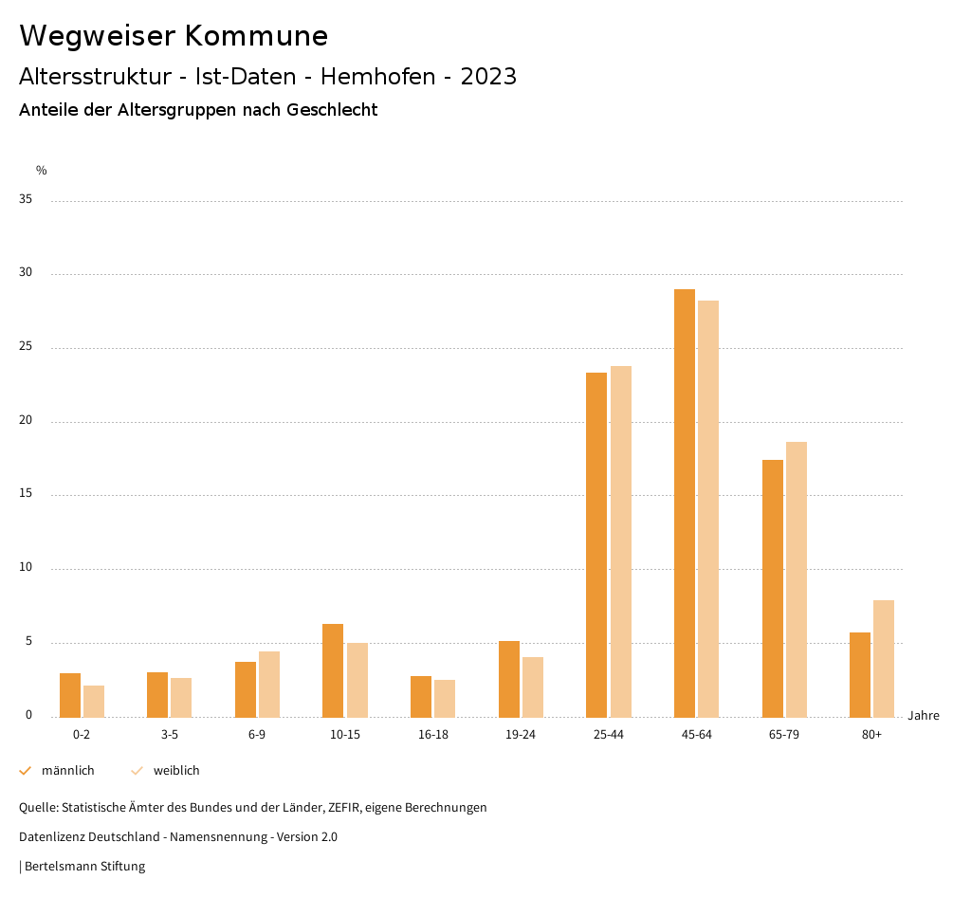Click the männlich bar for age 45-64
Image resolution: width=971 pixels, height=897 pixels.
pyautogui.click(x=685, y=503)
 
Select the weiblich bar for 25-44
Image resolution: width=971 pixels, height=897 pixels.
pyautogui.click(x=621, y=541)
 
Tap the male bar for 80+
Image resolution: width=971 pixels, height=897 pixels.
pyautogui.click(x=860, y=674)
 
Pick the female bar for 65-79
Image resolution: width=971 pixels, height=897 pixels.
pyautogui.click(x=797, y=579)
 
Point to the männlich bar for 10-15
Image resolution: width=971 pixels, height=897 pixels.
pyautogui.click(x=333, y=670)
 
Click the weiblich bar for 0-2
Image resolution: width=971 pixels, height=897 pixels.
pyautogui.click(x=94, y=701)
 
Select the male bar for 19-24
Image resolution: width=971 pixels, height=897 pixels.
pyautogui.click(x=509, y=679)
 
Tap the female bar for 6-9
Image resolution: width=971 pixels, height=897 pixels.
pyautogui.click(x=269, y=684)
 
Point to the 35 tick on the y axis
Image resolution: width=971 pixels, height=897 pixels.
pyautogui.click(x=26, y=200)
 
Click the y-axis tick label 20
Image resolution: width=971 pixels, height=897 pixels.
pyautogui.click(x=26, y=421)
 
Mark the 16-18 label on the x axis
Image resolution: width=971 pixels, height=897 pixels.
pyautogui.click(x=432, y=735)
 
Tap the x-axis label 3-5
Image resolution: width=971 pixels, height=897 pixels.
pyautogui.click(x=170, y=735)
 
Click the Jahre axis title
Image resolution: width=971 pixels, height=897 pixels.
pyautogui.click(x=923, y=716)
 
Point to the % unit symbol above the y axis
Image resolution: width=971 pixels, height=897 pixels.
pyautogui.click(x=41, y=171)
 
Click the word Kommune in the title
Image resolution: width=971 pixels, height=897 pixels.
pyautogui.click(x=256, y=36)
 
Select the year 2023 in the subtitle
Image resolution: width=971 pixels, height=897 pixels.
pyautogui.click(x=488, y=77)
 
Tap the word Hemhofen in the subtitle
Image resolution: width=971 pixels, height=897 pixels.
pyautogui.click(x=378, y=77)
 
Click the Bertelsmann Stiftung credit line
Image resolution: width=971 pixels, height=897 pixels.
pyautogui.click(x=82, y=866)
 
